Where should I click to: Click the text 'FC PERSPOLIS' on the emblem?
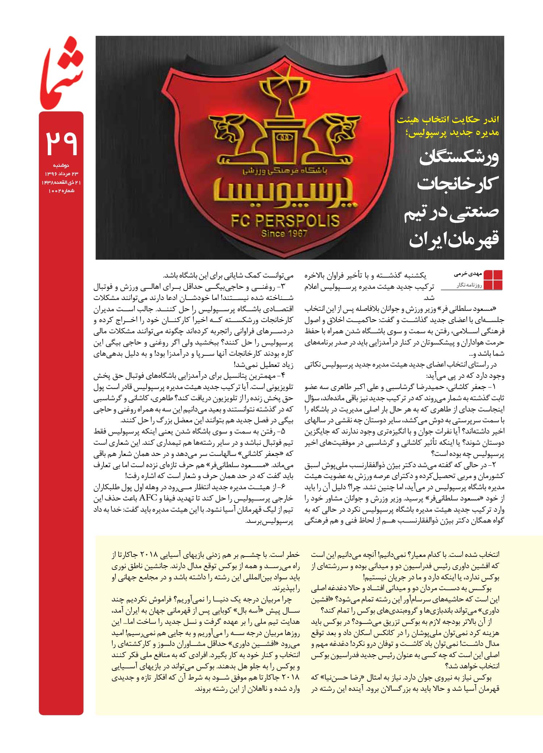285,220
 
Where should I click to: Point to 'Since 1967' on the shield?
284,233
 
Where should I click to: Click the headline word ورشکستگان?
459,158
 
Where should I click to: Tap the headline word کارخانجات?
458,184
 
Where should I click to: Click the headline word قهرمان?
472,239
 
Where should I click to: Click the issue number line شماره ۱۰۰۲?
61,190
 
